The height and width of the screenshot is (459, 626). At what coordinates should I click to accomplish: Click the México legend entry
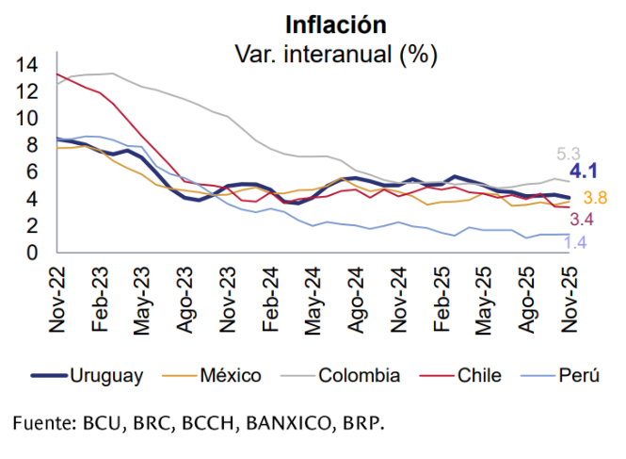(231, 375)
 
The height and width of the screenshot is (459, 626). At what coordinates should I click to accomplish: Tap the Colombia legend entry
(359, 375)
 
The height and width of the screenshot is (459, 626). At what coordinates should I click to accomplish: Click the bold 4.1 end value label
(586, 172)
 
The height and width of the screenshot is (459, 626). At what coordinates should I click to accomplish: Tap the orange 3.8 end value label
(595, 198)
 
